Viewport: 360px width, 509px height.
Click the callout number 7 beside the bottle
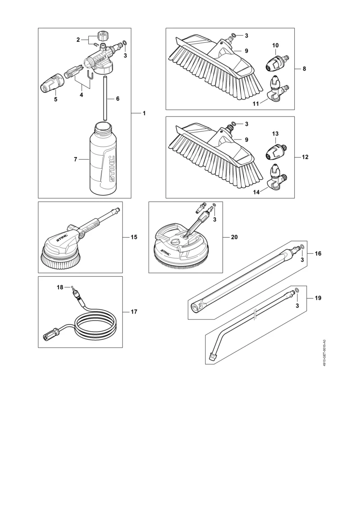(75, 160)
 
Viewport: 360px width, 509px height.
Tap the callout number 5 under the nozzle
(55, 99)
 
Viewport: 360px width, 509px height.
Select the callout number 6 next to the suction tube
(117, 99)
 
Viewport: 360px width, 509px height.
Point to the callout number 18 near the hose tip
(60, 287)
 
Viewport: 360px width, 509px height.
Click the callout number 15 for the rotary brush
(134, 237)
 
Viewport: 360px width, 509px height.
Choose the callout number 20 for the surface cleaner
(234, 237)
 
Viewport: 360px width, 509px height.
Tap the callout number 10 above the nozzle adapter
(275, 45)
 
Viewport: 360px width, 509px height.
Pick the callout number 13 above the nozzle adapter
(275, 134)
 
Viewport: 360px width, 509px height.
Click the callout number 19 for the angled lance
(318, 298)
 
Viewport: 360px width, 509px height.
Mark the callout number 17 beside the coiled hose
(134, 312)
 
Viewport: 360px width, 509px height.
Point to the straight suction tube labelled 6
(105, 98)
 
